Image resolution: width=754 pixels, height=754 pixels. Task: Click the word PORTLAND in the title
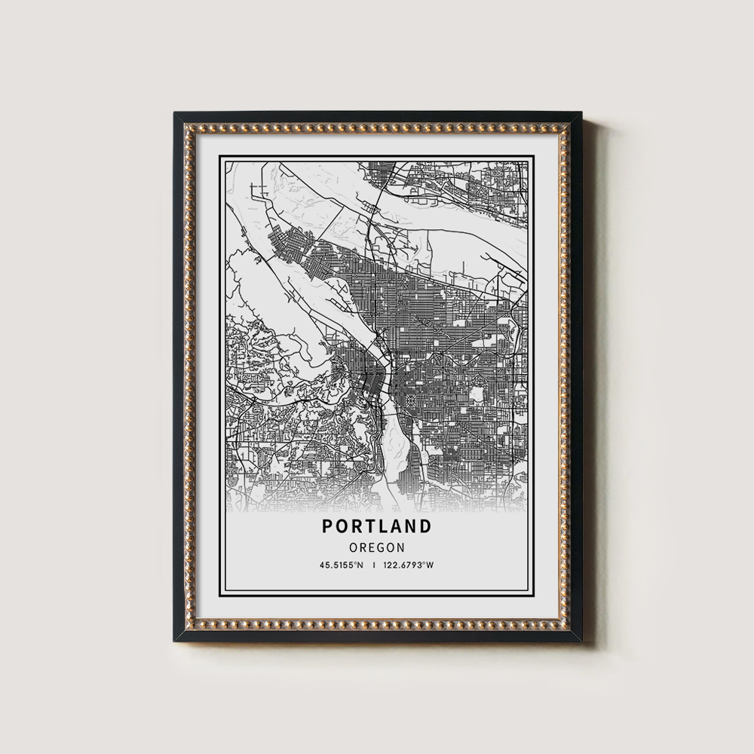[377, 526]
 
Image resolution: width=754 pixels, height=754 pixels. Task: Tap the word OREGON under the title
[377, 547]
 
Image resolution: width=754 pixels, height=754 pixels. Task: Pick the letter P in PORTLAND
[329, 526]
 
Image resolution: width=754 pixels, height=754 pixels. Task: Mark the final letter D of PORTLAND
[425, 526]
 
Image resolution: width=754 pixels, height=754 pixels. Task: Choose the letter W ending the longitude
[432, 565]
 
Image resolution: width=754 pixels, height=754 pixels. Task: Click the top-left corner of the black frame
[176, 114]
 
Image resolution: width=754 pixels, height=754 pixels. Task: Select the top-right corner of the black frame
[580, 114]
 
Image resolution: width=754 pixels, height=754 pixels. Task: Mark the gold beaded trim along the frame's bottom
[377, 625]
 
